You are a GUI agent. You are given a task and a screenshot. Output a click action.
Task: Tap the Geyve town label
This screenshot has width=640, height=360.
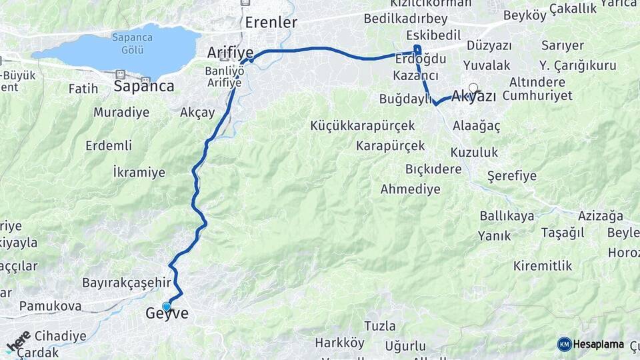point(167,314)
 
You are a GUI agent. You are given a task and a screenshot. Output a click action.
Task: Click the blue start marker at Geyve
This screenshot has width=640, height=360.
point(167,307)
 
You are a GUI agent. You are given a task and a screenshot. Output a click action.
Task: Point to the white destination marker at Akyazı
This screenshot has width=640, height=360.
point(473,87)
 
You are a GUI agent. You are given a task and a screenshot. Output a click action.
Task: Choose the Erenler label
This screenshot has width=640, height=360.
point(271,22)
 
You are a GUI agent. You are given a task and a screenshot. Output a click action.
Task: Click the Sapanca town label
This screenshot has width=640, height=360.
point(144,86)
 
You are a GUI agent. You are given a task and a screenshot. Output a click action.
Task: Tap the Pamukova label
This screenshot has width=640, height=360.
point(50,306)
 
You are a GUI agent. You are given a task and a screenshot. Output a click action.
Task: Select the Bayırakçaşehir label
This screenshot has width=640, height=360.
point(127,283)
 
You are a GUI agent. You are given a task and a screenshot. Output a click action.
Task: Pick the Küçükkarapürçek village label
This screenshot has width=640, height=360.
point(363,125)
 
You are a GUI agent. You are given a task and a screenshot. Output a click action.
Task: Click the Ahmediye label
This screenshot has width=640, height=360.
point(410,189)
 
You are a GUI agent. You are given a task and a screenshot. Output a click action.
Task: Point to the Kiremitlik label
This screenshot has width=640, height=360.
point(543,266)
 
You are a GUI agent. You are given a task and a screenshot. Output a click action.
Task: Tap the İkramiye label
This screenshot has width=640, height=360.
point(139,173)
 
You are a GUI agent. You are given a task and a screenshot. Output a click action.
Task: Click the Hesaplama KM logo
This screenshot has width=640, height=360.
point(591,344)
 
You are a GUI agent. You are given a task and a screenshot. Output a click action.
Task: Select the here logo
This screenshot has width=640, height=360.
point(19,341)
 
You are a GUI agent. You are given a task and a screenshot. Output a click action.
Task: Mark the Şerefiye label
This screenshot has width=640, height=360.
point(512,176)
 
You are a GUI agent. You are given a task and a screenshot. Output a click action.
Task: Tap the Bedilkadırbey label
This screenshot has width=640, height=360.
point(405,18)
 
